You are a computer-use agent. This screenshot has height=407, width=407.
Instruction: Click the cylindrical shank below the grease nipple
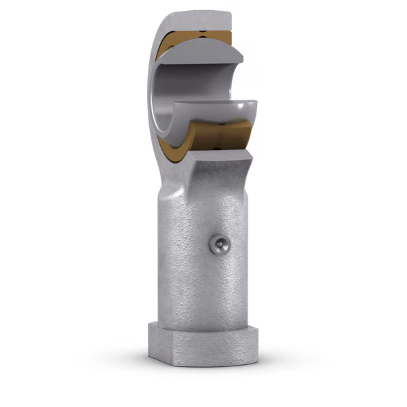coord(203,292)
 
